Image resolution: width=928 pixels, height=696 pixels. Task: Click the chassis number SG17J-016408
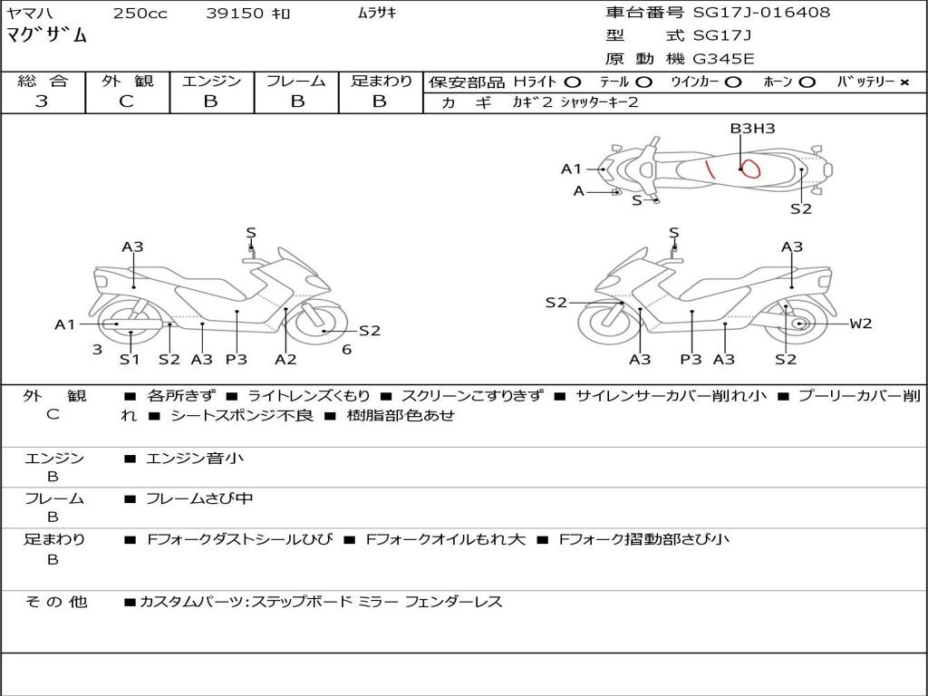coord(761,13)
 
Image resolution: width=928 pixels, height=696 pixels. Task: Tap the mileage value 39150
coord(235,14)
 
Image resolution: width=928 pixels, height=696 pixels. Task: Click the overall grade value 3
coord(42,101)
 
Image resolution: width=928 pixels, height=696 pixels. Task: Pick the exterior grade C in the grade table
coord(126,101)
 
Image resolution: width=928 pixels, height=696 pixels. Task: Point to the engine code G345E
coord(723,60)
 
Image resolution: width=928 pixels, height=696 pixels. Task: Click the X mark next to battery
coord(904,82)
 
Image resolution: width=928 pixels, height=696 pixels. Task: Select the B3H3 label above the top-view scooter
coord(752,129)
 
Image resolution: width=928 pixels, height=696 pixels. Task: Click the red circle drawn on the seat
coord(749,167)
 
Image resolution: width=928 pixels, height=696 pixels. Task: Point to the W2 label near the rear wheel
coord(860,324)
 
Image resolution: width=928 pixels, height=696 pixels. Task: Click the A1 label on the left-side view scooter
coord(64,324)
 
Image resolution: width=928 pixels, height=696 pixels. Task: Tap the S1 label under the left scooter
coord(130,360)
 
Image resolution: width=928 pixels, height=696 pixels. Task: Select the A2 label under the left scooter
coord(285,360)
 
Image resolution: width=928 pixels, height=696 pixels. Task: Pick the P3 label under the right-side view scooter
coord(691,360)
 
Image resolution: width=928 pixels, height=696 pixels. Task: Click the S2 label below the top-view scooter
coord(800,209)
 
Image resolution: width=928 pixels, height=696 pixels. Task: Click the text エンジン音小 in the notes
coord(195,459)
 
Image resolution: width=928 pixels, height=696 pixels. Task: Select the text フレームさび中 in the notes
coord(199,498)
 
